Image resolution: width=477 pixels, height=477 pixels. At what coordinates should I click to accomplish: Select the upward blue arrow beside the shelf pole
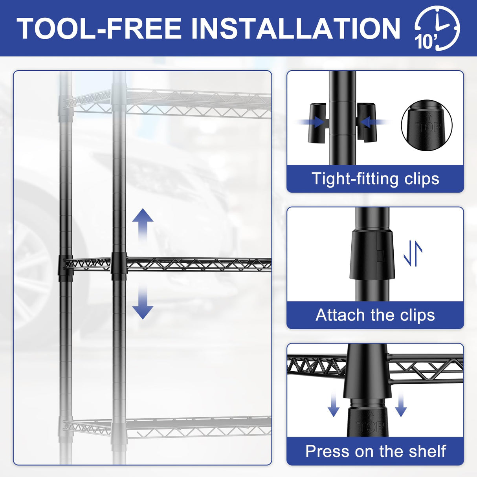pos(143,225)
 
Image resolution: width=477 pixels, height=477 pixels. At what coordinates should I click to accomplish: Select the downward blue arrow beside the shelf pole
pos(143,302)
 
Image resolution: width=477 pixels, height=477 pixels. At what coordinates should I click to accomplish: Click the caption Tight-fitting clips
pos(375,178)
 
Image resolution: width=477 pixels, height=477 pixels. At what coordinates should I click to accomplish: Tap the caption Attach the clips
pos(375,315)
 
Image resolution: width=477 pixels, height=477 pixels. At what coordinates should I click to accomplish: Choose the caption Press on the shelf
pos(376,451)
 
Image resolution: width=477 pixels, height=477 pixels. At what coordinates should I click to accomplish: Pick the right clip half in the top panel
pos(366,123)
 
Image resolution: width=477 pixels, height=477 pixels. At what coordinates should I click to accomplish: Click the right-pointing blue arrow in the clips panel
pos(310,122)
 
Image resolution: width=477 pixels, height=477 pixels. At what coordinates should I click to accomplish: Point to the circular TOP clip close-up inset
pos(427,125)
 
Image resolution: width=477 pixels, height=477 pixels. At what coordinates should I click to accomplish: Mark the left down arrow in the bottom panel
pos(334,404)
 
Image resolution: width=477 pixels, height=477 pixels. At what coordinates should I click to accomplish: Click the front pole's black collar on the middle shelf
pos(119,266)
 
